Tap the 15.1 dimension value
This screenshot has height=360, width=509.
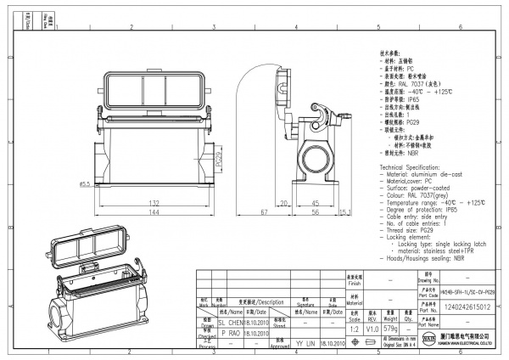346,212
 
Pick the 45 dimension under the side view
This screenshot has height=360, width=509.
315,204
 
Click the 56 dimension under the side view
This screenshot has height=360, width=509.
315,213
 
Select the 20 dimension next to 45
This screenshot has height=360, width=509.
286,204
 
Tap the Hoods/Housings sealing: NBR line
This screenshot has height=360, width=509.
421,257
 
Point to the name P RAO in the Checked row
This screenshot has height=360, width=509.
229,334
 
